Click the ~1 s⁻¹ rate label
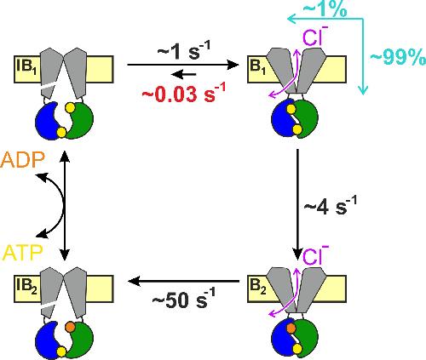(184, 51)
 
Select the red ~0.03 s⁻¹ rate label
(184, 93)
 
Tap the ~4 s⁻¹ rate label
(331, 205)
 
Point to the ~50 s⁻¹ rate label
(184, 299)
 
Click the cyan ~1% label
(325, 9)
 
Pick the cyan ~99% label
(398, 58)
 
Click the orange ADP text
(23, 160)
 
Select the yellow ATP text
(22, 252)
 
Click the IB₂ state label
(26, 287)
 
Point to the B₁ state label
(257, 67)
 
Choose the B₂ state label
(258, 287)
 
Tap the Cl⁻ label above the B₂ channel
(315, 255)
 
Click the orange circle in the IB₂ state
(70, 328)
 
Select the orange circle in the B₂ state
(291, 329)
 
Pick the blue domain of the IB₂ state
(48, 340)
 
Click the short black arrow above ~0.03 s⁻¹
(183, 75)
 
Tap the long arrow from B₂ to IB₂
(184, 282)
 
